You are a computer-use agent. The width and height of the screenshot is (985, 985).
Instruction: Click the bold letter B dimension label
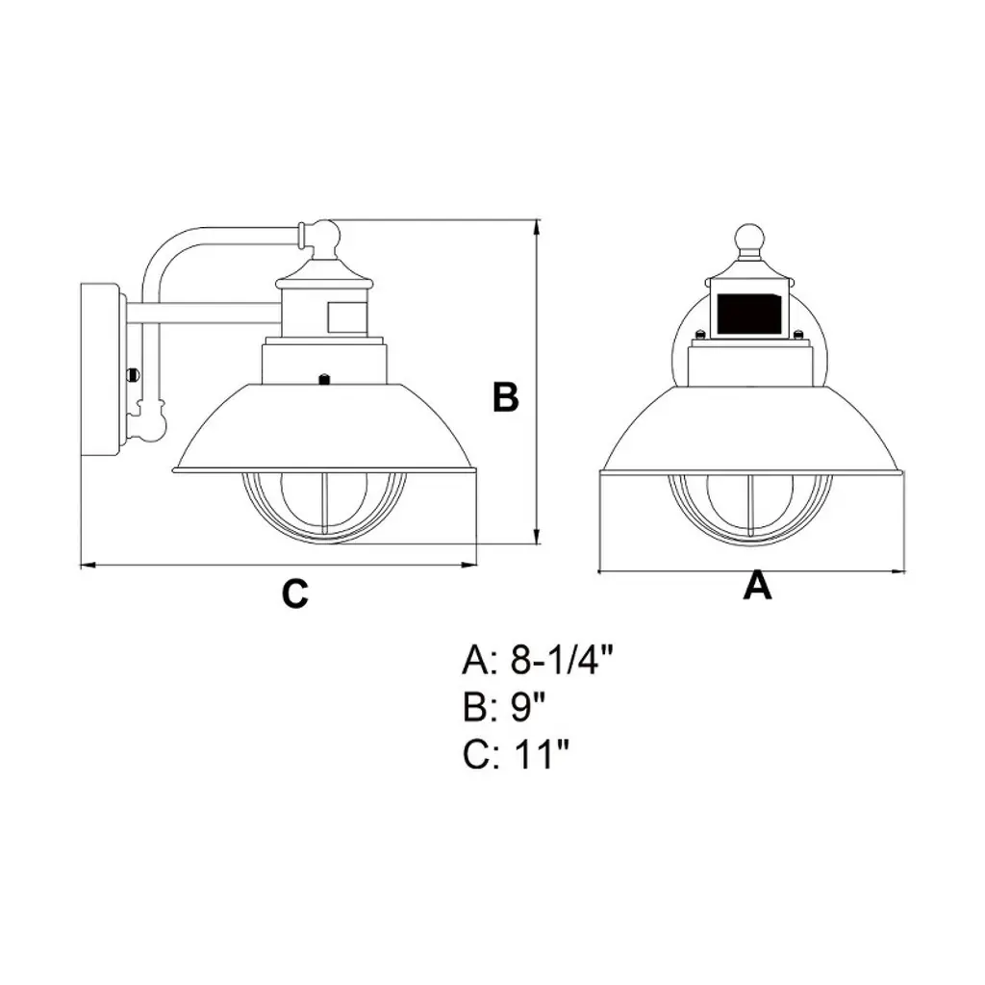[506, 397]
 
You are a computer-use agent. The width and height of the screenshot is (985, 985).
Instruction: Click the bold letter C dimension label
[294, 593]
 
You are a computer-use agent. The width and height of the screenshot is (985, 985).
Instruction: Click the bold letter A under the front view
[757, 585]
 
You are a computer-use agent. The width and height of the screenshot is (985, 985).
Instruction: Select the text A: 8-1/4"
[537, 661]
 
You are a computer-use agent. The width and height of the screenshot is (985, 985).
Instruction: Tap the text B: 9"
[503, 707]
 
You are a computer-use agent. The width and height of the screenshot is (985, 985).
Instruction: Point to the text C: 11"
[516, 754]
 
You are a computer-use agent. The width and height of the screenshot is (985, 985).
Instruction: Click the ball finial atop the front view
[750, 239]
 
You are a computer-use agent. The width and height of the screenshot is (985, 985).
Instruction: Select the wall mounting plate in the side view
[100, 370]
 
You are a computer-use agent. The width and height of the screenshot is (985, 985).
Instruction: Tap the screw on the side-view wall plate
[132, 374]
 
